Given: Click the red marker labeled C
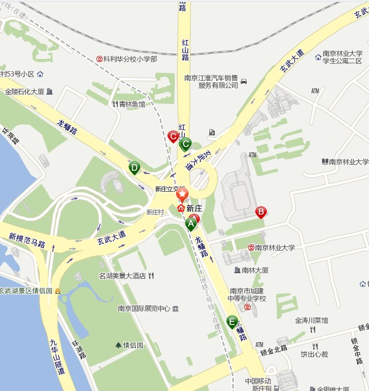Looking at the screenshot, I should (x=174, y=135).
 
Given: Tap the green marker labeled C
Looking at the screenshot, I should (x=185, y=144).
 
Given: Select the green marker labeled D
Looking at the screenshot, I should (x=134, y=167).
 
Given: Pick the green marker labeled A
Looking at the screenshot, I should (x=191, y=223).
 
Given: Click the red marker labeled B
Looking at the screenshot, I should (x=261, y=212).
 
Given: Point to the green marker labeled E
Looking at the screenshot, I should (x=232, y=322).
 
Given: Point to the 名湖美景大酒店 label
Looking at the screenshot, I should (x=122, y=276).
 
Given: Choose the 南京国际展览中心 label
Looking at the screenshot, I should (x=144, y=308).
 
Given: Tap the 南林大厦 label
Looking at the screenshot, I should (x=254, y=270).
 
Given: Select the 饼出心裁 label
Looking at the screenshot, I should (x=314, y=354).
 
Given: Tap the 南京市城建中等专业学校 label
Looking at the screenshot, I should (x=247, y=295).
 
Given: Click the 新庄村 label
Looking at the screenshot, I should (x=155, y=212).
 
